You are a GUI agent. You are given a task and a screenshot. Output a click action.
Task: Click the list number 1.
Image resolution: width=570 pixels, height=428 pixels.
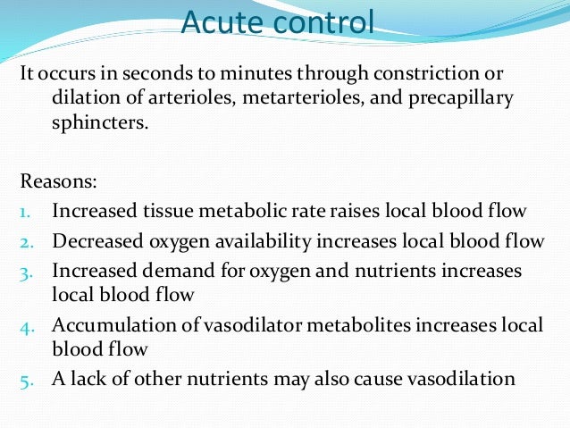(26, 212)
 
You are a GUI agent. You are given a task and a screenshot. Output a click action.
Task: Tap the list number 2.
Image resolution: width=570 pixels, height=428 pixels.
(26, 241)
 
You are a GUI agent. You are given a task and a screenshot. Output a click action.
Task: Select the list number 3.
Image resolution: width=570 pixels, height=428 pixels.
(26, 270)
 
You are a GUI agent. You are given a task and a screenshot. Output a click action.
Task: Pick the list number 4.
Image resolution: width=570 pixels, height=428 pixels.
(26, 325)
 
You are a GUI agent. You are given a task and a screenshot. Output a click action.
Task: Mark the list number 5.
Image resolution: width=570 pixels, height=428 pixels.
(26, 380)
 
